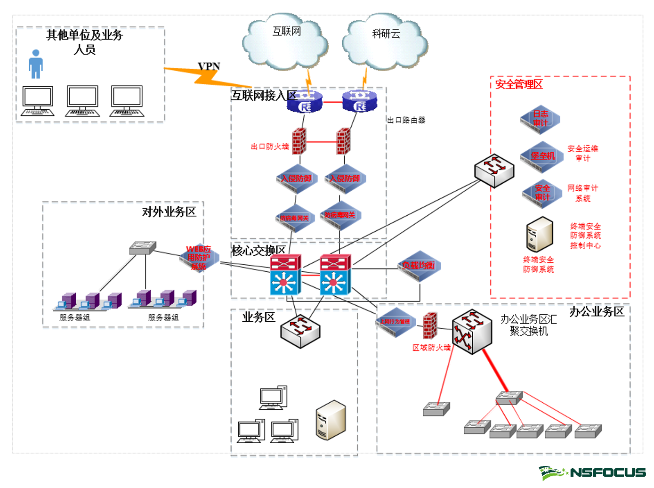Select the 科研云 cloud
tap(385, 43)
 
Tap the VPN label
tap(209, 66)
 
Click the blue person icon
tap(35, 64)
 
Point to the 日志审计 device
tap(540, 119)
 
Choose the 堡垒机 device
tap(542, 156)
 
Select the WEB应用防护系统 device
tap(199, 258)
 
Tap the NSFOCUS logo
tap(593, 472)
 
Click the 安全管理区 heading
tap(518, 84)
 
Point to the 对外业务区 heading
tap(169, 212)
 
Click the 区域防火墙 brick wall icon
tap(430, 325)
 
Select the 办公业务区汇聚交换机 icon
tap(472, 332)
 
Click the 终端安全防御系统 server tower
tap(539, 234)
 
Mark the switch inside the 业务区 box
tap(300, 331)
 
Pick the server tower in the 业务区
tap(331, 420)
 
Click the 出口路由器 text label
tap(406, 120)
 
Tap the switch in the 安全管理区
tap(494, 170)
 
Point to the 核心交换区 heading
tap(258, 251)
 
